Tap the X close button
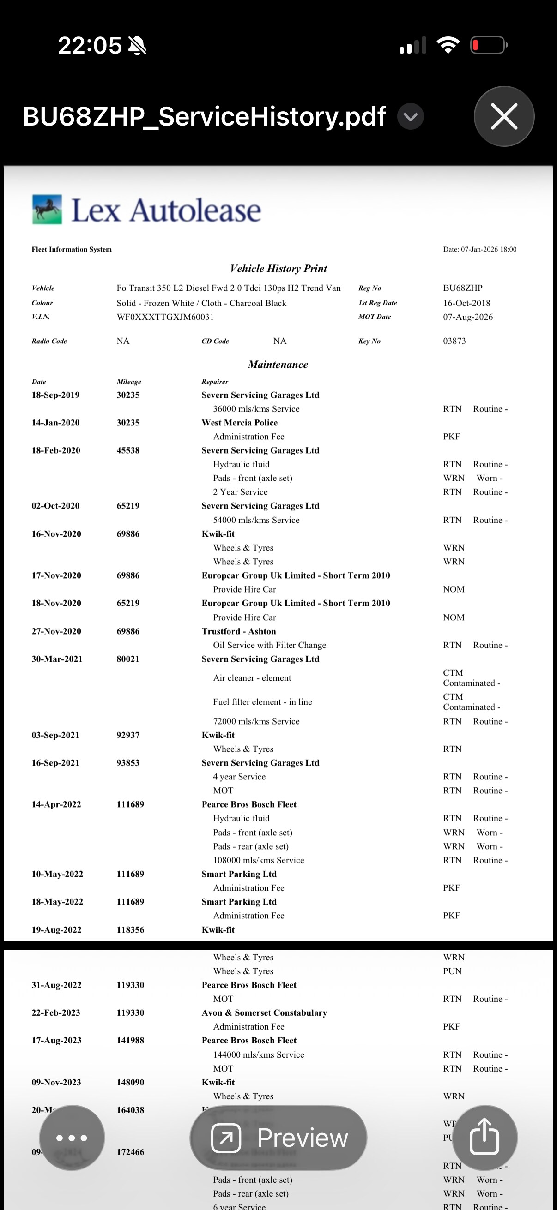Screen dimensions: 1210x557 (x=504, y=116)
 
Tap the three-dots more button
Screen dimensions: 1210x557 (x=72, y=1138)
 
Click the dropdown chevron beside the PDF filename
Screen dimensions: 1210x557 (x=410, y=116)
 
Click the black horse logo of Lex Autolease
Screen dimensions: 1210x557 (x=47, y=209)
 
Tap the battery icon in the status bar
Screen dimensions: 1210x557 (x=488, y=46)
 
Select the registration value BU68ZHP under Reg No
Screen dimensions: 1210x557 (x=462, y=288)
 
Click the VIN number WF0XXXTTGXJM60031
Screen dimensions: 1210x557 (x=165, y=317)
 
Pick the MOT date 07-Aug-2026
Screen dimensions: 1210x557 (x=468, y=317)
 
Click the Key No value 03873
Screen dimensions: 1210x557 (x=454, y=341)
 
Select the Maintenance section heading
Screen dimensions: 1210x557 (x=278, y=365)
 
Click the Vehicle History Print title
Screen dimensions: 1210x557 (x=278, y=268)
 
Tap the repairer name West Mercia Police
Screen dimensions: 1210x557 (x=239, y=423)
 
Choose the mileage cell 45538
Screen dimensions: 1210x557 (x=128, y=450)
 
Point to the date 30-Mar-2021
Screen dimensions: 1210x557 (x=57, y=659)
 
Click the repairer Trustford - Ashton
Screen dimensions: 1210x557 (x=238, y=631)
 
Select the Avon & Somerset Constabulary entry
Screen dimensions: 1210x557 (x=264, y=1012)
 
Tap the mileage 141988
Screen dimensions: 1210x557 (x=130, y=1041)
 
